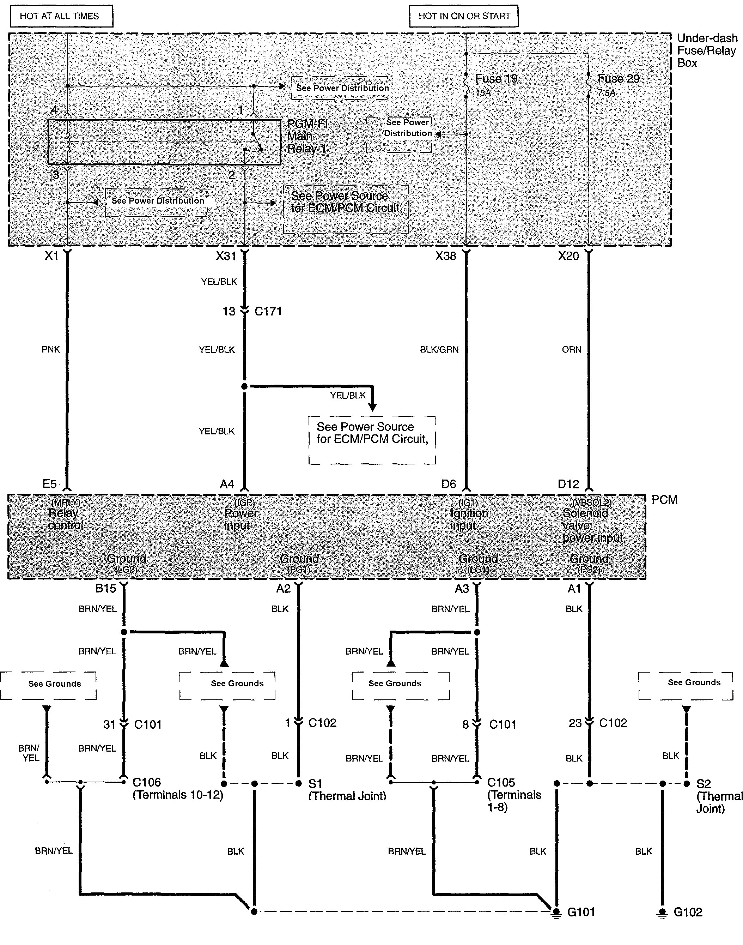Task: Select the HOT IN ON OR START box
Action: click(x=464, y=17)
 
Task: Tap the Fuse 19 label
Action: click(x=496, y=79)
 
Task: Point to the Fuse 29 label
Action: click(x=618, y=79)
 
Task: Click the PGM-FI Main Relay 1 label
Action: click(x=307, y=136)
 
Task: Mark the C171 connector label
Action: click(x=268, y=311)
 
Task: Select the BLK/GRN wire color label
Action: click(x=439, y=350)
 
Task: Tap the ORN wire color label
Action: click(x=571, y=350)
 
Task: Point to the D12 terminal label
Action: click(x=568, y=484)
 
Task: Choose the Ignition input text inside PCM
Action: click(x=469, y=519)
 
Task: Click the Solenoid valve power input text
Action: click(x=592, y=525)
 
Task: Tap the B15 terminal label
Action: click(x=106, y=589)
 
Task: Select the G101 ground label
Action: click(x=581, y=912)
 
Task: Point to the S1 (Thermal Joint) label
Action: click(x=347, y=790)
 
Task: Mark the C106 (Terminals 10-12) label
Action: click(x=177, y=789)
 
